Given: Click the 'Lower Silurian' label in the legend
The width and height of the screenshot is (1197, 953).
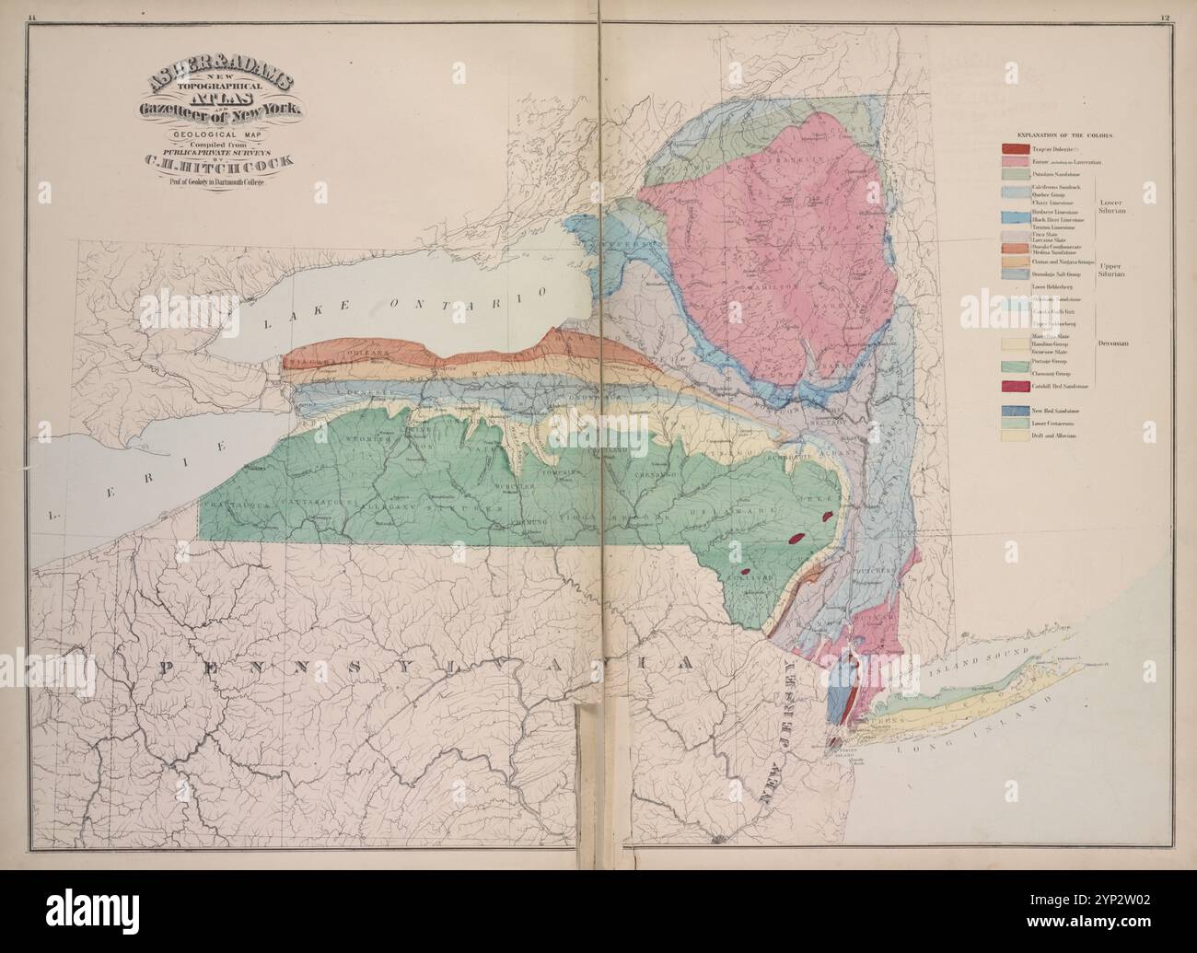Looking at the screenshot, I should (1113, 205).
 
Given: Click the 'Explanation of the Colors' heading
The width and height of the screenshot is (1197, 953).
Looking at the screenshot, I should (1064, 134).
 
